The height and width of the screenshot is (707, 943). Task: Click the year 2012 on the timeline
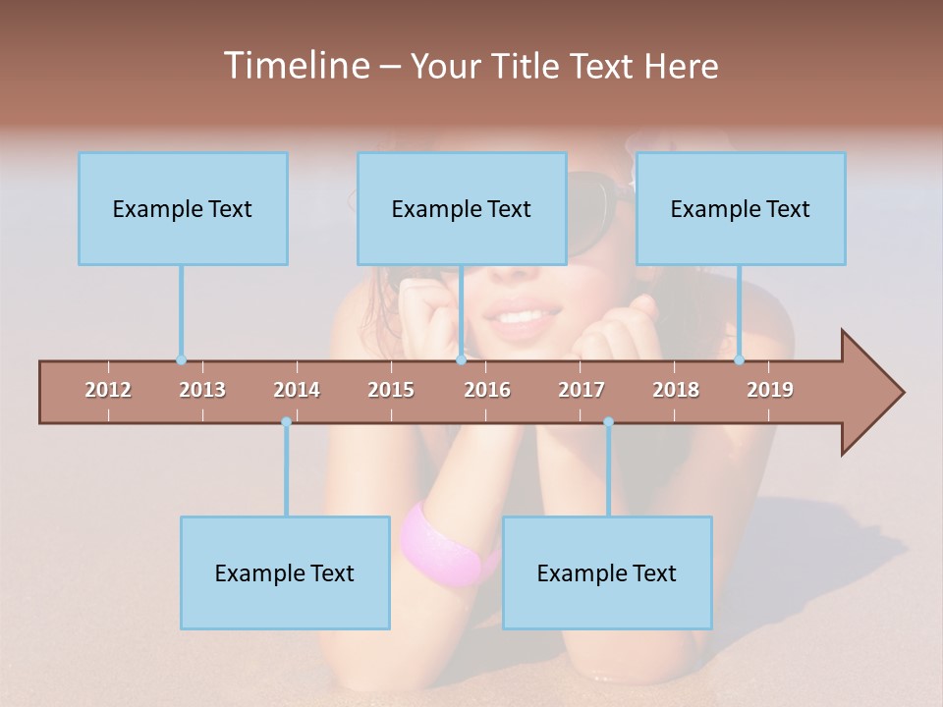click(x=108, y=390)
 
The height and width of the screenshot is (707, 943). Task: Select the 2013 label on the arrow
click(x=202, y=390)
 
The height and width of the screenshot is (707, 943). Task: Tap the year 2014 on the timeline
click(x=297, y=390)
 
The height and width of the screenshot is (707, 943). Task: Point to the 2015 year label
click(x=391, y=390)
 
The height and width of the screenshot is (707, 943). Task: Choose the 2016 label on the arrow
click(x=487, y=390)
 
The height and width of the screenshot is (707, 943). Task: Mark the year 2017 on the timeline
click(x=582, y=390)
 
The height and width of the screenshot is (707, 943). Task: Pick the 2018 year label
click(x=676, y=390)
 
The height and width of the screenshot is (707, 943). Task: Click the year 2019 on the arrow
click(x=770, y=390)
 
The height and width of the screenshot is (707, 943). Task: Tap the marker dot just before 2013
click(x=181, y=360)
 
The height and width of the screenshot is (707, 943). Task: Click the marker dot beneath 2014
click(x=286, y=422)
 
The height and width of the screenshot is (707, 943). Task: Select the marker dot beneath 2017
click(x=608, y=422)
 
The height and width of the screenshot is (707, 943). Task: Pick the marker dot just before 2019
click(x=740, y=360)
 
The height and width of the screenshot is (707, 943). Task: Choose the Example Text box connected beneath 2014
click(x=285, y=572)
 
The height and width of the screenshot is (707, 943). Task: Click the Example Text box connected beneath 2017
click(x=607, y=572)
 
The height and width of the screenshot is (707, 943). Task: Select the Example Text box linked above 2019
click(x=741, y=208)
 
